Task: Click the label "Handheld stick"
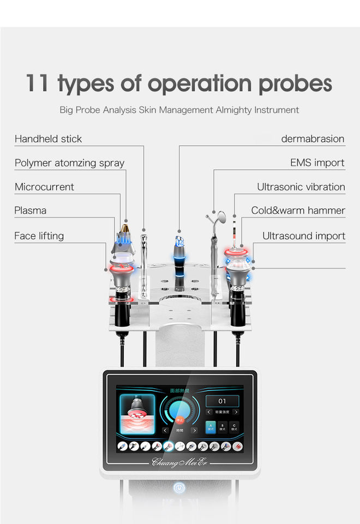[48, 139]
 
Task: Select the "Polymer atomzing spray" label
[69, 163]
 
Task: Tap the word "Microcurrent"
[44, 187]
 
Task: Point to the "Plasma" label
[31, 210]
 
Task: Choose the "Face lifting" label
[39, 236]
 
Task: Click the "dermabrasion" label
[313, 139]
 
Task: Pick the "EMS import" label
[317, 163]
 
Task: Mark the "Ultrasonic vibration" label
[301, 187]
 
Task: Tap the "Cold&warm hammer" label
[298, 210]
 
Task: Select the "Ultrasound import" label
[304, 236]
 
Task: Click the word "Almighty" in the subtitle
[233, 110]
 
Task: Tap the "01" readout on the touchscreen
[222, 401]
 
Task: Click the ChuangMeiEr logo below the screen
[180, 463]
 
